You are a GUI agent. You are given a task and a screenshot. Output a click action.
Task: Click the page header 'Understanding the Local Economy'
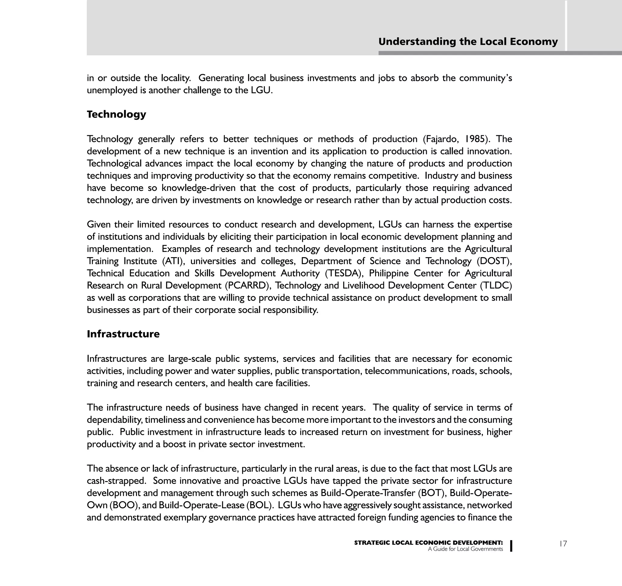pos(468,42)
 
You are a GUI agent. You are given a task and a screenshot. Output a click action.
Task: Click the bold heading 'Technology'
pos(116,114)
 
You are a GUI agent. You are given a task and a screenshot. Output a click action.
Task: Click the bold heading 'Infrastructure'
pos(123,334)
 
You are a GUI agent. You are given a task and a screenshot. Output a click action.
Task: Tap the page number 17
pos(563,544)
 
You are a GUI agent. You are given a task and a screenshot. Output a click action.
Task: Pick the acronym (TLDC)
pos(494,285)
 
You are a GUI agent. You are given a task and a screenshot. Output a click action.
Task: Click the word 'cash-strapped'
pos(116,481)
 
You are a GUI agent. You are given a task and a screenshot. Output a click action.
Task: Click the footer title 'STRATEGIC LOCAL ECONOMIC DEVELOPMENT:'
pos(428,543)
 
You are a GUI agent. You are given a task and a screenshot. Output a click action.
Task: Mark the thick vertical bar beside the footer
pos(511,546)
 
